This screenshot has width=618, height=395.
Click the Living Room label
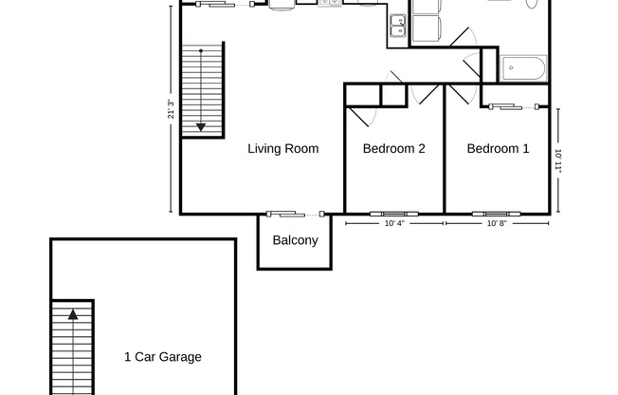click(282, 149)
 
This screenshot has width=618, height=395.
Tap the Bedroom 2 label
click(394, 149)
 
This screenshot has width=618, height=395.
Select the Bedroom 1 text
click(498, 149)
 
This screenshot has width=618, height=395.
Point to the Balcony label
click(295, 240)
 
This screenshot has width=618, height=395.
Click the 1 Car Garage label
click(163, 358)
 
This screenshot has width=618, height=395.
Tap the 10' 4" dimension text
click(395, 225)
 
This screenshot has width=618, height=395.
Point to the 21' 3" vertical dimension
click(171, 109)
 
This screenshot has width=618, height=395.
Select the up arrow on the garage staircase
click(71, 312)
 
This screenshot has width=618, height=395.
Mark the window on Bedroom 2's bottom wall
click(393, 213)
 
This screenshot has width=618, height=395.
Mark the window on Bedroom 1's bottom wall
click(498, 213)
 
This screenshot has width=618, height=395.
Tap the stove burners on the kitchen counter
click(329, 4)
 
